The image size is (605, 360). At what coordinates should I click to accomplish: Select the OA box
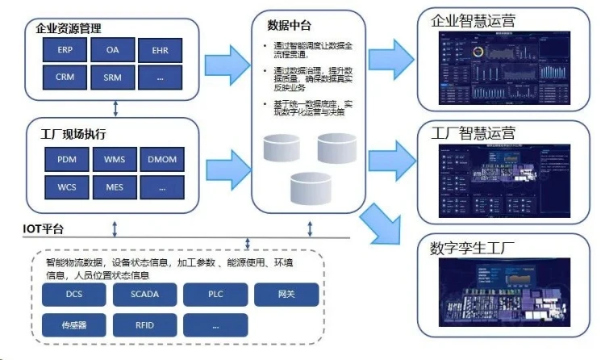coord(113,49)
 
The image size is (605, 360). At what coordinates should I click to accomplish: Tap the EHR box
coord(161,50)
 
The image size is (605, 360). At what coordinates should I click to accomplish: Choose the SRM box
coord(113,77)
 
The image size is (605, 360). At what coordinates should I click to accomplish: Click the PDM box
coord(66,159)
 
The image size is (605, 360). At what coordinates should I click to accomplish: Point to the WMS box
coord(114,159)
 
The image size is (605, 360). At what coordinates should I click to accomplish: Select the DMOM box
coord(161,159)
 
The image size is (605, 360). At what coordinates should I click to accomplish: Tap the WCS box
coord(66,187)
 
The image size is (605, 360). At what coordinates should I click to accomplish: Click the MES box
coord(114,187)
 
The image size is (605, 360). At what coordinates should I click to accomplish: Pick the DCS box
coord(75,295)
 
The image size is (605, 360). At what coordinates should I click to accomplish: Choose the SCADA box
coord(145,295)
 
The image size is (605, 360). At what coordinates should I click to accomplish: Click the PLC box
coord(215,295)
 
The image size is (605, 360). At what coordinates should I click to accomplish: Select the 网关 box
coord(286,295)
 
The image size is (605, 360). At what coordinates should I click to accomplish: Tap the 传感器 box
coord(75,324)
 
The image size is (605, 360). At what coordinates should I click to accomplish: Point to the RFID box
coord(145,324)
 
